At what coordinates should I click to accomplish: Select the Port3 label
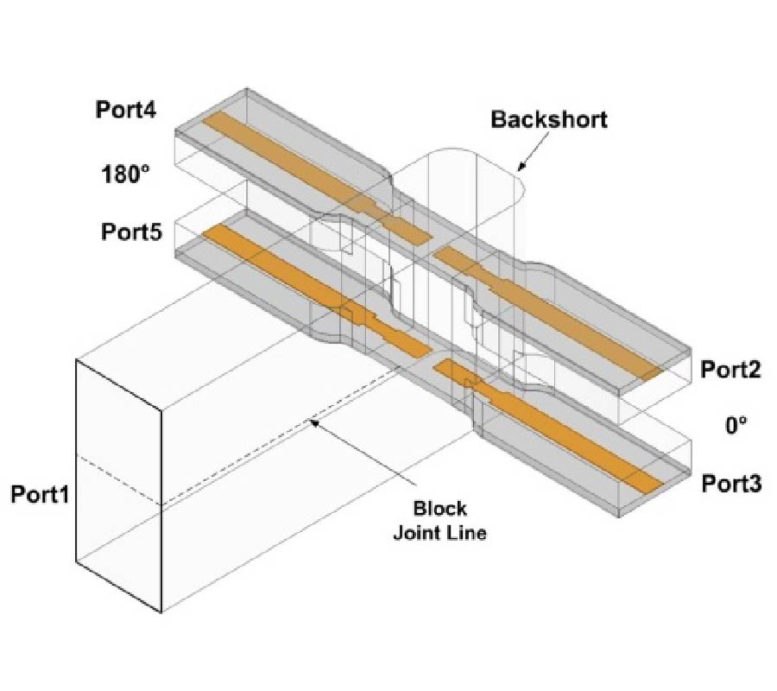[x=730, y=483]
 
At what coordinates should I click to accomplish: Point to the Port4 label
[x=128, y=111]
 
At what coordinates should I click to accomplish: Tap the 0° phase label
[x=734, y=425]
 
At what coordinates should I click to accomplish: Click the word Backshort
[x=549, y=119]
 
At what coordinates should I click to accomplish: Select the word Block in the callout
[x=439, y=507]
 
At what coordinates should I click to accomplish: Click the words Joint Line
[x=439, y=532]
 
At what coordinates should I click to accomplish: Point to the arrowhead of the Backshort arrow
[x=520, y=168]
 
